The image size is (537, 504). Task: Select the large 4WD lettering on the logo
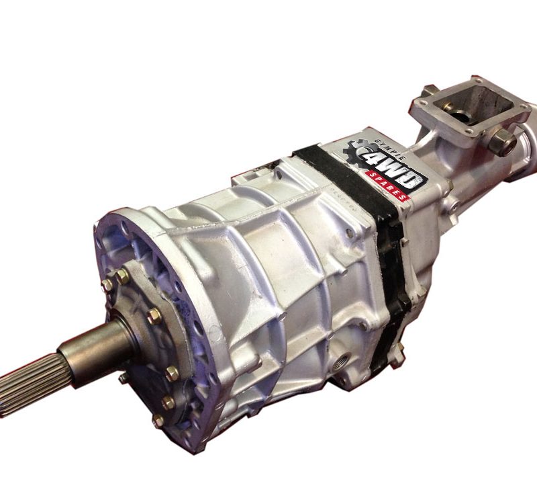click(x=388, y=167)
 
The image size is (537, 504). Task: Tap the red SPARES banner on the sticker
click(x=387, y=185)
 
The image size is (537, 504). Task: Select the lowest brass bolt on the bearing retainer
click(x=158, y=421)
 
